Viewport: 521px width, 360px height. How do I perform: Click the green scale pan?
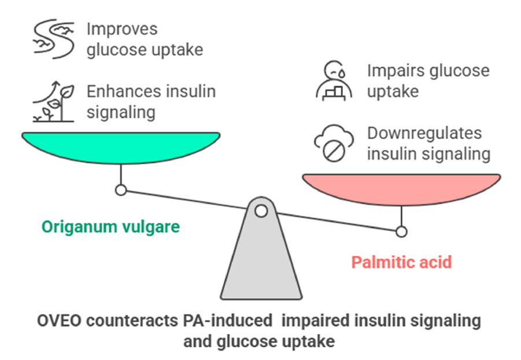121,147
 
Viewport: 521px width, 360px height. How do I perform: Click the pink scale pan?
401,189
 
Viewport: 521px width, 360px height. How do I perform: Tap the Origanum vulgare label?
110,227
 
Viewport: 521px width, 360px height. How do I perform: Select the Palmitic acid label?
401,262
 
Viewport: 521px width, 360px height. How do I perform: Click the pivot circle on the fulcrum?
261,211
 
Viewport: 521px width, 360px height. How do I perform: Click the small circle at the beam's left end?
121,190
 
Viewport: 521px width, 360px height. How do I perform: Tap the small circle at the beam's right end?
401,232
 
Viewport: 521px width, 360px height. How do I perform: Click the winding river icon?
54,39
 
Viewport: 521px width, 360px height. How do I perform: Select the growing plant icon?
53,101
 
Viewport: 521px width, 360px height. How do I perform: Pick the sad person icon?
334,80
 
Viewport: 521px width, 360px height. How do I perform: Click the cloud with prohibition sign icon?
334,143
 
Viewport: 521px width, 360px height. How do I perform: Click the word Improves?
122,30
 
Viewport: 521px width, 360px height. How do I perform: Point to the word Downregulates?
424,133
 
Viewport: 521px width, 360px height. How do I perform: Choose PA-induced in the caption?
228,321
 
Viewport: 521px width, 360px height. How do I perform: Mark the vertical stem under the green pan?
121,174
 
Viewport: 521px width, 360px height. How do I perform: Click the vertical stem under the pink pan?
401,216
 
